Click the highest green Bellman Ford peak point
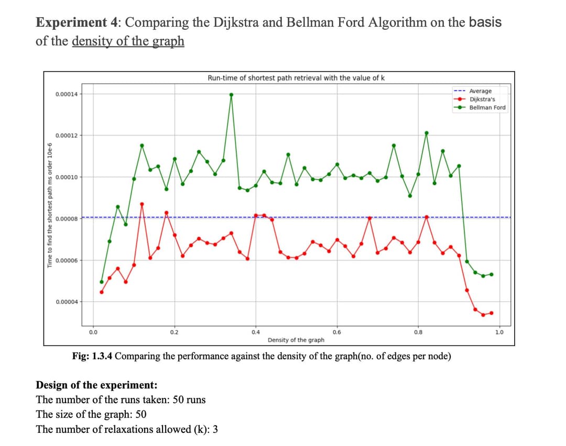[x=232, y=95]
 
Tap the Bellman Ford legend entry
[x=480, y=107]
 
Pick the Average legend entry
[x=473, y=91]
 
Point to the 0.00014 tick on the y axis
[x=67, y=94]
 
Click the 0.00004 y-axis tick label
[x=67, y=302]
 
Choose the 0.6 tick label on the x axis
[x=337, y=332]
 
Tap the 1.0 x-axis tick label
[x=499, y=332]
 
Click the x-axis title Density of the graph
[x=296, y=340]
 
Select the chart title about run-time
[x=296, y=78]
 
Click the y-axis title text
[x=50, y=205]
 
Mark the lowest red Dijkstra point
[x=483, y=315]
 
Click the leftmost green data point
[x=102, y=282]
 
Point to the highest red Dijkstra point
[x=142, y=204]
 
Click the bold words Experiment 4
[x=77, y=23]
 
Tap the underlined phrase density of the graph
[x=128, y=41]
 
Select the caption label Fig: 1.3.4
[x=92, y=356]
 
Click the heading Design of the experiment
[x=97, y=385]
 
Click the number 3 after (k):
[x=215, y=429]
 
